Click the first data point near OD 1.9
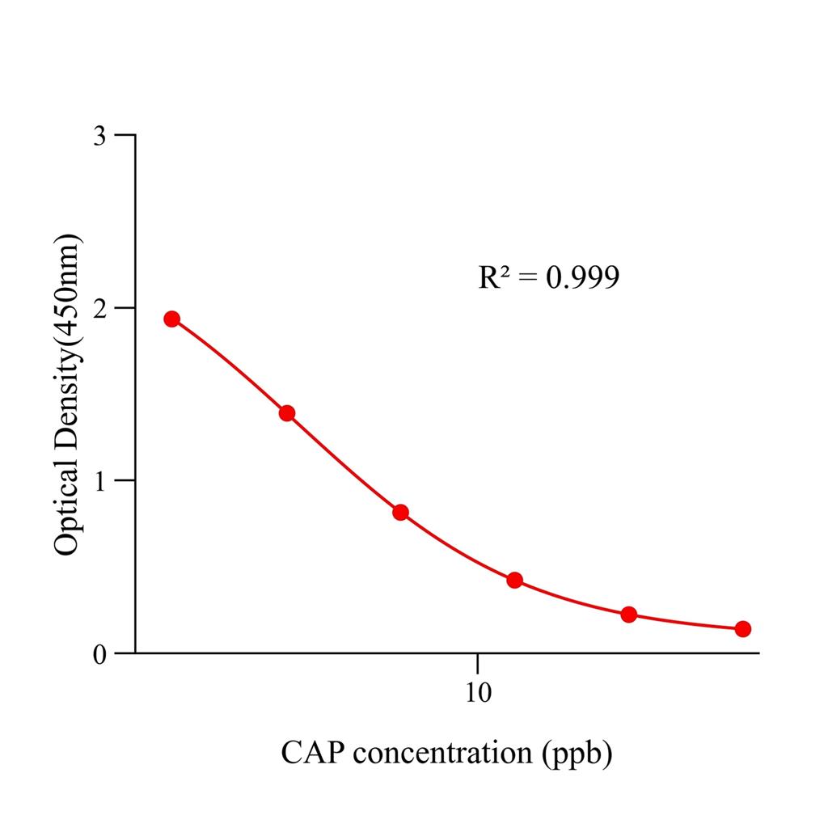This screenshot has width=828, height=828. tap(171, 319)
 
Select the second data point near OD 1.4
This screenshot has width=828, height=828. tap(286, 413)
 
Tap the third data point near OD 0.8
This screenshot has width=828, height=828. tap(400, 512)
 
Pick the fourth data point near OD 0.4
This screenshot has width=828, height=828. tap(514, 580)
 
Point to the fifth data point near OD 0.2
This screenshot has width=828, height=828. tap(629, 615)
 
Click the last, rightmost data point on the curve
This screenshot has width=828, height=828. tap(743, 628)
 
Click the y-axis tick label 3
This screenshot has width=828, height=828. tap(100, 135)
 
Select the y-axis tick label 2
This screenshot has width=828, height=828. tap(100, 308)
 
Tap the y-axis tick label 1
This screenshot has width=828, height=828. tap(100, 480)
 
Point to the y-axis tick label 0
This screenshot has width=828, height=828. tap(100, 653)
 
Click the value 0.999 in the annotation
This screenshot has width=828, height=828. tap(582, 278)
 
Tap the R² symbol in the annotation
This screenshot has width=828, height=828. tap(495, 278)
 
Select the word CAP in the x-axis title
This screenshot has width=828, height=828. tap(314, 753)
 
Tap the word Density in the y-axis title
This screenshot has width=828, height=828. tap(66, 402)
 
